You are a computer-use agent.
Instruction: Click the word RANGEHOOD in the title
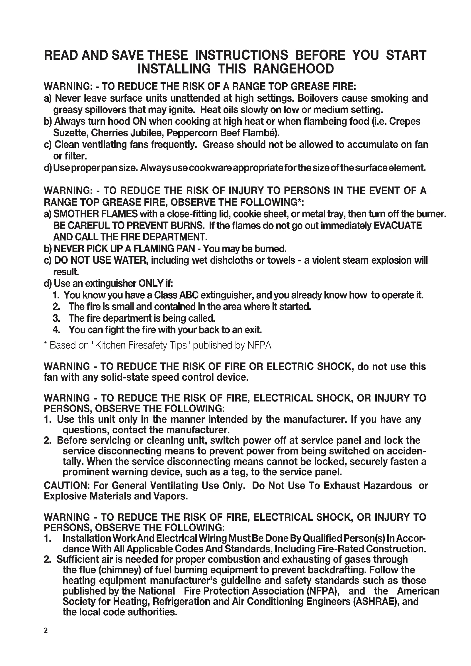tap(293, 69)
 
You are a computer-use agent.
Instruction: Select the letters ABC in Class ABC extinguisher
tap(189, 295)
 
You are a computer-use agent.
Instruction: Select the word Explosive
tap(65, 496)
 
